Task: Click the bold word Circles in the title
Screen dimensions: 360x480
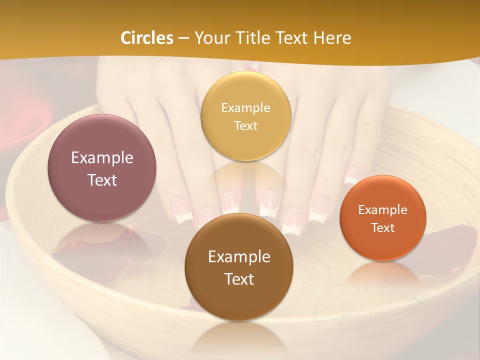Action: pyautogui.click(x=147, y=38)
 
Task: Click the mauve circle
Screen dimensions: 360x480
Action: pyautogui.click(x=102, y=168)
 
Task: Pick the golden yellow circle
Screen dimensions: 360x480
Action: pyautogui.click(x=245, y=116)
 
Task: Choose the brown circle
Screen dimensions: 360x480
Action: pyautogui.click(x=239, y=267)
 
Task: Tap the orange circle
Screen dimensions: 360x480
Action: pyautogui.click(x=382, y=218)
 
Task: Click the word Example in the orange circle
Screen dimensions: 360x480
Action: pyautogui.click(x=382, y=209)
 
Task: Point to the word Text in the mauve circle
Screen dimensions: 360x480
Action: pyautogui.click(x=102, y=180)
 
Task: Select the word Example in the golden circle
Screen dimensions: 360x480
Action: pyautogui.click(x=245, y=107)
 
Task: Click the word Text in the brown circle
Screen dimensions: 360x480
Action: pyautogui.click(x=239, y=279)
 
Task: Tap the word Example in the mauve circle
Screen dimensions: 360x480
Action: pyautogui.click(x=102, y=158)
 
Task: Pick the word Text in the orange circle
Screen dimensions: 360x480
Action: pyautogui.click(x=382, y=227)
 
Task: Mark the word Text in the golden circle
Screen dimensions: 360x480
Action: pyautogui.click(x=245, y=125)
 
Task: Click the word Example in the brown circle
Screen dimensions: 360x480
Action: pyautogui.click(x=239, y=257)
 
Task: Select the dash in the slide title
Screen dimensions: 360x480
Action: pyautogui.click(x=183, y=38)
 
